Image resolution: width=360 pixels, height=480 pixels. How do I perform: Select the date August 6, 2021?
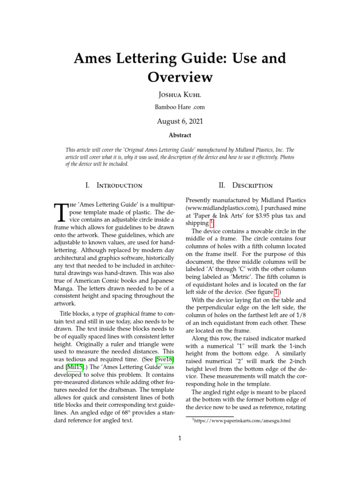point(180,121)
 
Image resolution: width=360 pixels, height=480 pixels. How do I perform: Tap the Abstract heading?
point(180,135)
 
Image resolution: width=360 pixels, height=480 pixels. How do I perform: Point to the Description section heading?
point(246,185)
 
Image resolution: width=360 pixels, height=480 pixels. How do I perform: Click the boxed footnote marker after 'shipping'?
point(212,223)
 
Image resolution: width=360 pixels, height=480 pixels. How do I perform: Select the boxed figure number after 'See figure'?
point(277,292)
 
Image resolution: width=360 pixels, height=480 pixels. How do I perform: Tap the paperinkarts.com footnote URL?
point(243,421)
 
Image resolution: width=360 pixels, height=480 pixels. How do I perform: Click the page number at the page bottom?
point(180,439)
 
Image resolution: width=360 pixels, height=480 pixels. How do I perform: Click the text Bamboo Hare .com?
point(180,107)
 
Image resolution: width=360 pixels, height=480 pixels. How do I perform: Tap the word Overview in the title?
point(180,76)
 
